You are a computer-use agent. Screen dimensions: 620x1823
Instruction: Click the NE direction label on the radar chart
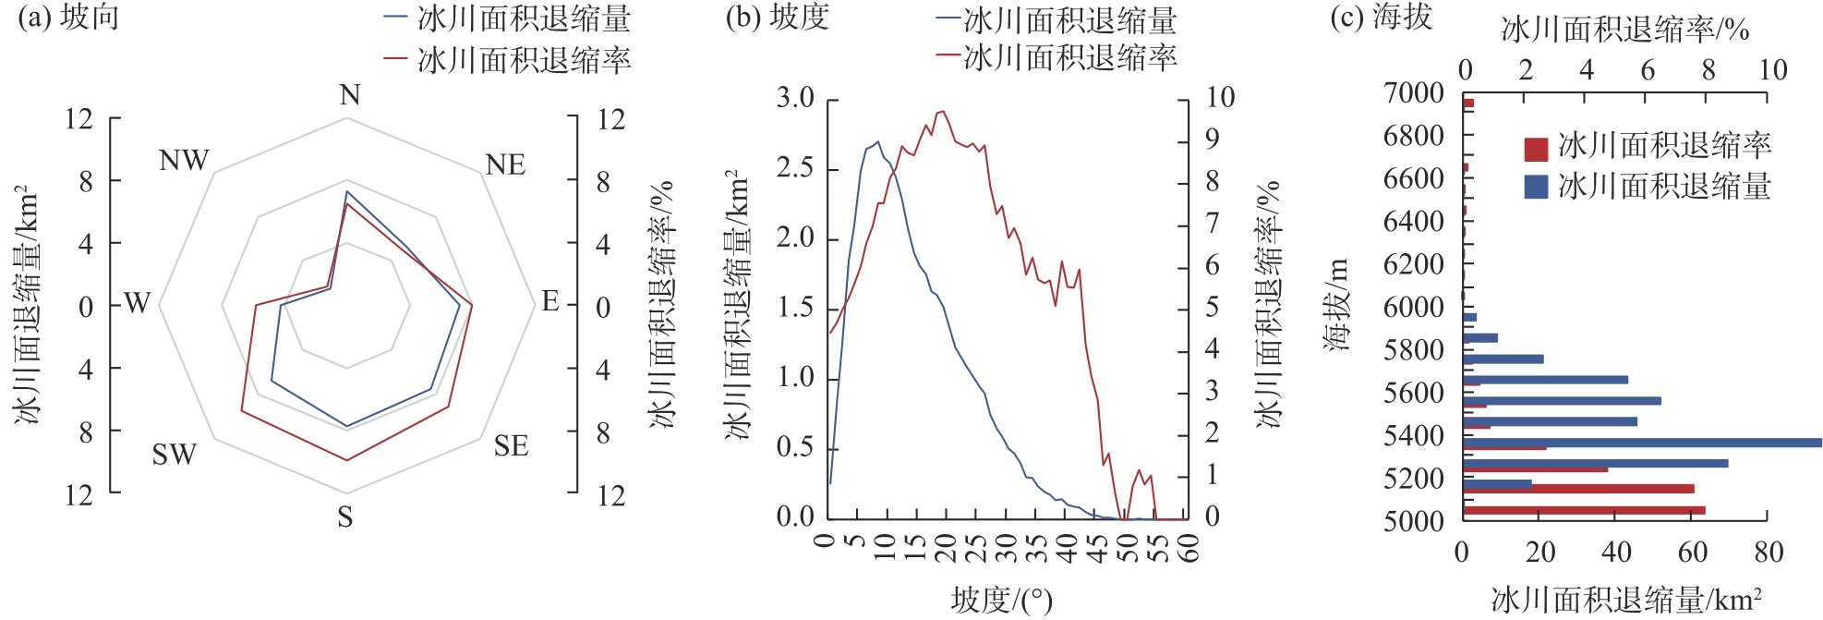coord(505,165)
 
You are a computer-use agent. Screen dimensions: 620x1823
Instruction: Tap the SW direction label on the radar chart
coord(174,455)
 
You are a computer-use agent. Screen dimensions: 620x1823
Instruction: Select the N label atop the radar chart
coord(349,95)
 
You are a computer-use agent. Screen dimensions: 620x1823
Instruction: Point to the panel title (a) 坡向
coord(69,18)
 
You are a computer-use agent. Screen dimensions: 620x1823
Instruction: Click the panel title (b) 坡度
coord(778,18)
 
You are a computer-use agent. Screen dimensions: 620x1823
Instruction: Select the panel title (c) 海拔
coord(1381,18)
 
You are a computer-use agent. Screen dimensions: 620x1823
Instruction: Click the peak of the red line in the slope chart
coord(942,112)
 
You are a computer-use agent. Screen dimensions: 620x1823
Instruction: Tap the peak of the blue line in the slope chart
coord(877,142)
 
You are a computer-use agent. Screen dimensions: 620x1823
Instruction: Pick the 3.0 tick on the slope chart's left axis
coord(795,98)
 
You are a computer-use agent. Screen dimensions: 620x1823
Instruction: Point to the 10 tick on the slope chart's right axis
coord(1219,98)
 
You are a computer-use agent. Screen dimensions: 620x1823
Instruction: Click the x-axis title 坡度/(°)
coord(1001,601)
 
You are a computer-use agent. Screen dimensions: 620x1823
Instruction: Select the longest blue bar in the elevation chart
coord(1642,443)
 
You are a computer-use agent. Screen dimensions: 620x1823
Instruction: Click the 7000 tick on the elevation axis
coord(1414,92)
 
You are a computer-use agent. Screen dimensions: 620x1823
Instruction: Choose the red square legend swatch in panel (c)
coord(1536,149)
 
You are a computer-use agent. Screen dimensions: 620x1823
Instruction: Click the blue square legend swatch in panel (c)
coord(1536,188)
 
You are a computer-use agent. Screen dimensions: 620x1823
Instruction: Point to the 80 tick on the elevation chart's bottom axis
coord(1768,553)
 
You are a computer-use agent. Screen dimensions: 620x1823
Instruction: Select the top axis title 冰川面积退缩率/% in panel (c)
coord(1625,30)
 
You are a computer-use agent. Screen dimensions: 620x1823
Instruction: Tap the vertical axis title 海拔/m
coord(1336,305)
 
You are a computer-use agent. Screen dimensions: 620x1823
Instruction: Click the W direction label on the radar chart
coord(137,303)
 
